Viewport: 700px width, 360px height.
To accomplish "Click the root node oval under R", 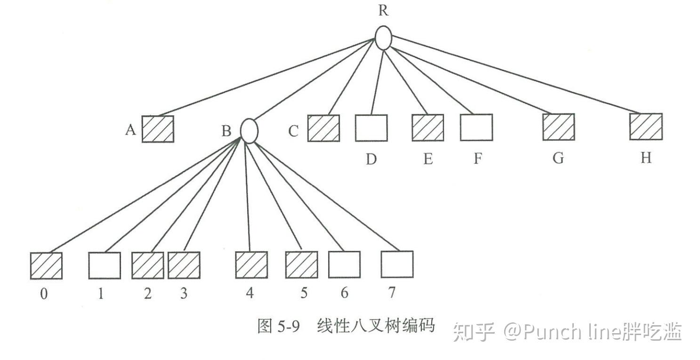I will pyautogui.click(x=383, y=38).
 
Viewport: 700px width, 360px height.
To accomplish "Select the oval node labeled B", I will pyautogui.click(x=249, y=130).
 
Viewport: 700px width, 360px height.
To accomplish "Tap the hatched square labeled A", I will pyautogui.click(x=158, y=129).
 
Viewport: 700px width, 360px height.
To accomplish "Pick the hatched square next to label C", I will pyautogui.click(x=323, y=128).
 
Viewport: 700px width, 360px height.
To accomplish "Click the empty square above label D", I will pyautogui.click(x=371, y=128).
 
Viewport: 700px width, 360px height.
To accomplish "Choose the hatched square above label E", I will pyautogui.click(x=427, y=128).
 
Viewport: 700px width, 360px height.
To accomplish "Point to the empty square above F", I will pyautogui.click(x=476, y=128).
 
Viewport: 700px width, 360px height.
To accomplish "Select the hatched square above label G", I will pyautogui.click(x=558, y=127).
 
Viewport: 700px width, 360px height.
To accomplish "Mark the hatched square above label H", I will pyautogui.click(x=646, y=127).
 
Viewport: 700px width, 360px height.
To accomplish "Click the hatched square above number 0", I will pyautogui.click(x=46, y=266).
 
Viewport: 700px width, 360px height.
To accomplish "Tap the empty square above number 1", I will pyautogui.click(x=104, y=265).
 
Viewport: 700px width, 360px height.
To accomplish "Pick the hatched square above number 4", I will pyautogui.click(x=251, y=265).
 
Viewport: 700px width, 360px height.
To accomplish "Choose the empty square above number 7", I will pyautogui.click(x=397, y=264).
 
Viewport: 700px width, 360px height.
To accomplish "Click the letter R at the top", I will pyautogui.click(x=384, y=11).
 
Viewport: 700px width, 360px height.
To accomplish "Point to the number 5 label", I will pyautogui.click(x=304, y=293).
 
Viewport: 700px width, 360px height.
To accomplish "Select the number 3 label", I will pyautogui.click(x=184, y=294).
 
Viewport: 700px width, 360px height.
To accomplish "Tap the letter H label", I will pyautogui.click(x=646, y=158).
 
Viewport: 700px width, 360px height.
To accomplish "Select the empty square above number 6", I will pyautogui.click(x=344, y=264).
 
